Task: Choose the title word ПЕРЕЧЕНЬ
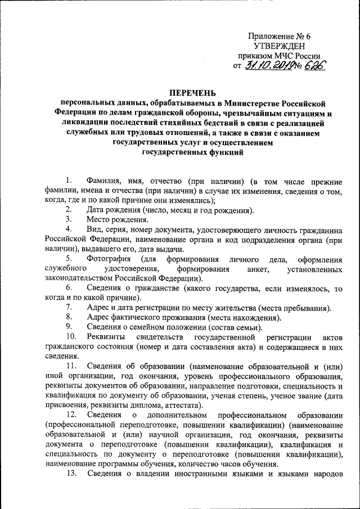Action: pyautogui.click(x=193, y=93)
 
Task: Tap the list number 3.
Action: pyautogui.click(x=68, y=218)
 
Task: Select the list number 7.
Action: pyautogui.click(x=68, y=307)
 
